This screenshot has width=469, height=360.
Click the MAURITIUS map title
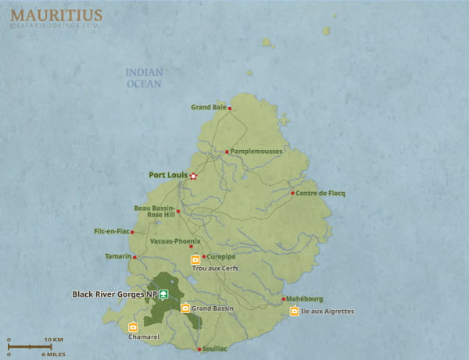[x=55, y=13]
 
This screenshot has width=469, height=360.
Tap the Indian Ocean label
[x=144, y=78]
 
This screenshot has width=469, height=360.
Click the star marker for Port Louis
[x=193, y=176]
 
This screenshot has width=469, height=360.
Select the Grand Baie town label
[x=208, y=108]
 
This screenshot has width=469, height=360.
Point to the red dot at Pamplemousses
[x=227, y=151]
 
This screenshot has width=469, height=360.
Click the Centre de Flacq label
[x=320, y=193]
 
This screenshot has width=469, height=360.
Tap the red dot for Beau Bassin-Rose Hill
[x=178, y=211]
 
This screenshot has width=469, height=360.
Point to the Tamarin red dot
[x=134, y=257]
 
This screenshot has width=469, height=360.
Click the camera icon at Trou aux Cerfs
[x=195, y=260]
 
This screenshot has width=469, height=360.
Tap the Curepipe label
[x=222, y=256]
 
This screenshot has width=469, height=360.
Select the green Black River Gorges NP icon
[x=163, y=294]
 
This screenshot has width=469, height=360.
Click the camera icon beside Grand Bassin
[x=185, y=308]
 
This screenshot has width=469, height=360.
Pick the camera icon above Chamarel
[x=133, y=326]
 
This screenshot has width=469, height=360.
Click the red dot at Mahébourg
[x=283, y=299]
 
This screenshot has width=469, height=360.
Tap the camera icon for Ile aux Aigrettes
[x=294, y=312]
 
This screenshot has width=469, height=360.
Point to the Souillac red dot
[x=199, y=349]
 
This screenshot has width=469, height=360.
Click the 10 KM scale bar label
[x=53, y=340]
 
